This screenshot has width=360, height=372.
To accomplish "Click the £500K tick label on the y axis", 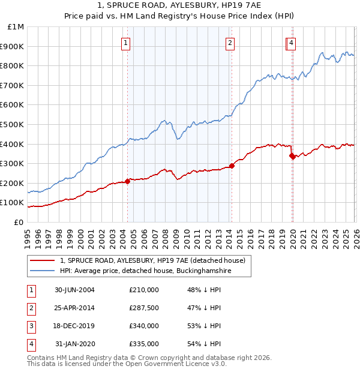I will pos(13,124).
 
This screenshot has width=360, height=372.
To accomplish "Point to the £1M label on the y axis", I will pos(16,26).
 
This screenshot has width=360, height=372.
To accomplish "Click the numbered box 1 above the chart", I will pos(126,43).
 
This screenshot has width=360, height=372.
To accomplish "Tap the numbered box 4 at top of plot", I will pos(291,43).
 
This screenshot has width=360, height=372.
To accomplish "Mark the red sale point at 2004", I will pos(128,181).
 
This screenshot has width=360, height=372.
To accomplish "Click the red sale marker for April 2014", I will pos(232,166).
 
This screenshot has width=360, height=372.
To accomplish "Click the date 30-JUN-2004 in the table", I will pos(74,290).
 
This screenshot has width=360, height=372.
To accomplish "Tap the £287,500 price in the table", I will pos(144,308).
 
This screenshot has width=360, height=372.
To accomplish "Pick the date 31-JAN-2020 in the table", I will pos(74,344).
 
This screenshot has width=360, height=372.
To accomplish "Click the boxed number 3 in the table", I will pos(31,326).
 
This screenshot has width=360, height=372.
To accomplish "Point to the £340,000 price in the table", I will pos(144,326).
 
